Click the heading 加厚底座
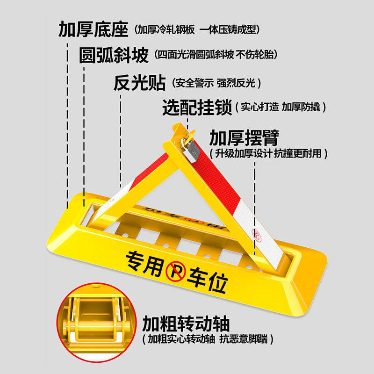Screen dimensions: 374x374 (x=93, y=29)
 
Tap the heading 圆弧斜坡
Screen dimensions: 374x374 (x=114, y=55)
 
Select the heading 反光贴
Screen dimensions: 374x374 (x=139, y=83)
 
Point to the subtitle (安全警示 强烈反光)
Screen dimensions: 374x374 (x=216, y=84)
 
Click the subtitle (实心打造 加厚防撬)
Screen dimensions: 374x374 (x=281, y=108)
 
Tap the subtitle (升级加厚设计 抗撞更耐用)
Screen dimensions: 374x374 (x=268, y=153)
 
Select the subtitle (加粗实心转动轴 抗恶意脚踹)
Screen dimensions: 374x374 (x=208, y=339)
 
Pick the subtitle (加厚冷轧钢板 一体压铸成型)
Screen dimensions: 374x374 (x=197, y=30)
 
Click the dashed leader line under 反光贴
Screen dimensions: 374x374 (x=120, y=140)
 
